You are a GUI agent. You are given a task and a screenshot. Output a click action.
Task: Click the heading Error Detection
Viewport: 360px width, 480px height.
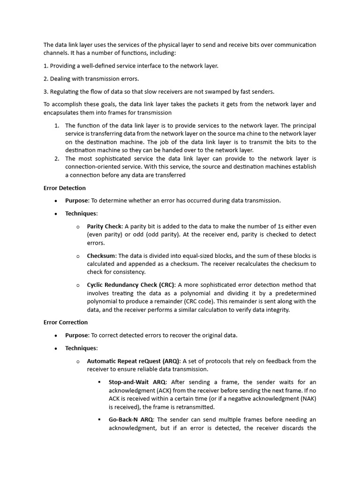point(64,188)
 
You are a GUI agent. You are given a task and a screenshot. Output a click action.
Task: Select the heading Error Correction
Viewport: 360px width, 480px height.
point(65,322)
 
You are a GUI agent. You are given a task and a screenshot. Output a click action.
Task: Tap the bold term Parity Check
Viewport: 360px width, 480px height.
point(104,226)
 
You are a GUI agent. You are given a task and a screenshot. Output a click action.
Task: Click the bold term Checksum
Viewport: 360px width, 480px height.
point(102,255)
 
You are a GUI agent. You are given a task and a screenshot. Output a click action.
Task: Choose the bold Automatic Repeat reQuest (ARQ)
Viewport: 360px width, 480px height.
point(133,361)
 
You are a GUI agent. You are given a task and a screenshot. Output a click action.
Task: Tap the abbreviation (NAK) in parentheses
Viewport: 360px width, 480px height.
point(308,398)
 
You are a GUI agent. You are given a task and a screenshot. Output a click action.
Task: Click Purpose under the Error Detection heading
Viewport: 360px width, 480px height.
point(76,201)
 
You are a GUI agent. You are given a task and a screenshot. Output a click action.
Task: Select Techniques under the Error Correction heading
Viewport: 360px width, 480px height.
point(81,348)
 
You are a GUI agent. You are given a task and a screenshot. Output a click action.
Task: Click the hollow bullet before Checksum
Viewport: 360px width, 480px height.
point(78,256)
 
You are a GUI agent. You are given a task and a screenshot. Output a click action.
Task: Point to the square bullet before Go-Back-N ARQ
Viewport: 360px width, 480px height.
point(99,420)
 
